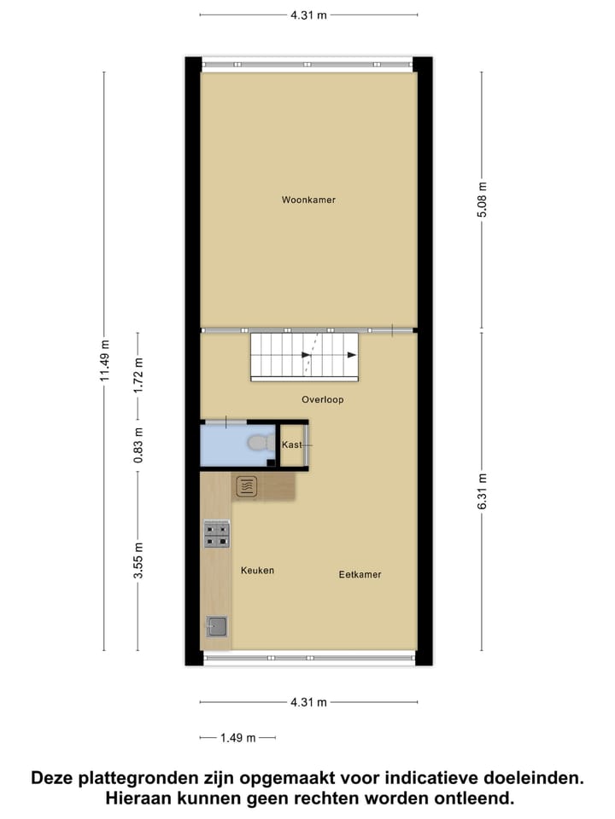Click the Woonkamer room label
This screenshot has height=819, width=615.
(308, 200)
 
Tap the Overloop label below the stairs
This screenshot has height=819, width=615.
(322, 399)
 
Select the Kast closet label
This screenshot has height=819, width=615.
(291, 444)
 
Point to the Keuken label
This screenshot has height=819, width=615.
(257, 570)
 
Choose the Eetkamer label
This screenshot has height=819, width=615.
(360, 574)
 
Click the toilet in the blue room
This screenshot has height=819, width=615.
(259, 444)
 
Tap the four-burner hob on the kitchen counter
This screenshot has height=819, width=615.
(216, 534)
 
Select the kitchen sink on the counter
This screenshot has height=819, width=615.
(216, 627)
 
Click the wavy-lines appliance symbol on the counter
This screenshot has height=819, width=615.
(246, 486)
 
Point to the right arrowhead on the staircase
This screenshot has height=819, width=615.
(351, 356)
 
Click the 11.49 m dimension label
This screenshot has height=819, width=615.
(104, 360)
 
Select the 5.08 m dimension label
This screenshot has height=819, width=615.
(482, 200)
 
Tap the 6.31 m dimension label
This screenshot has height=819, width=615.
(482, 491)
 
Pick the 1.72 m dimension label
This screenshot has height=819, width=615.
(138, 375)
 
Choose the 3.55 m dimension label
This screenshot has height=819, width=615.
(138, 560)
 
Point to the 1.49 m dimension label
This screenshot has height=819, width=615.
(238, 738)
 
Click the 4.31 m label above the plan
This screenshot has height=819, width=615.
(308, 15)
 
